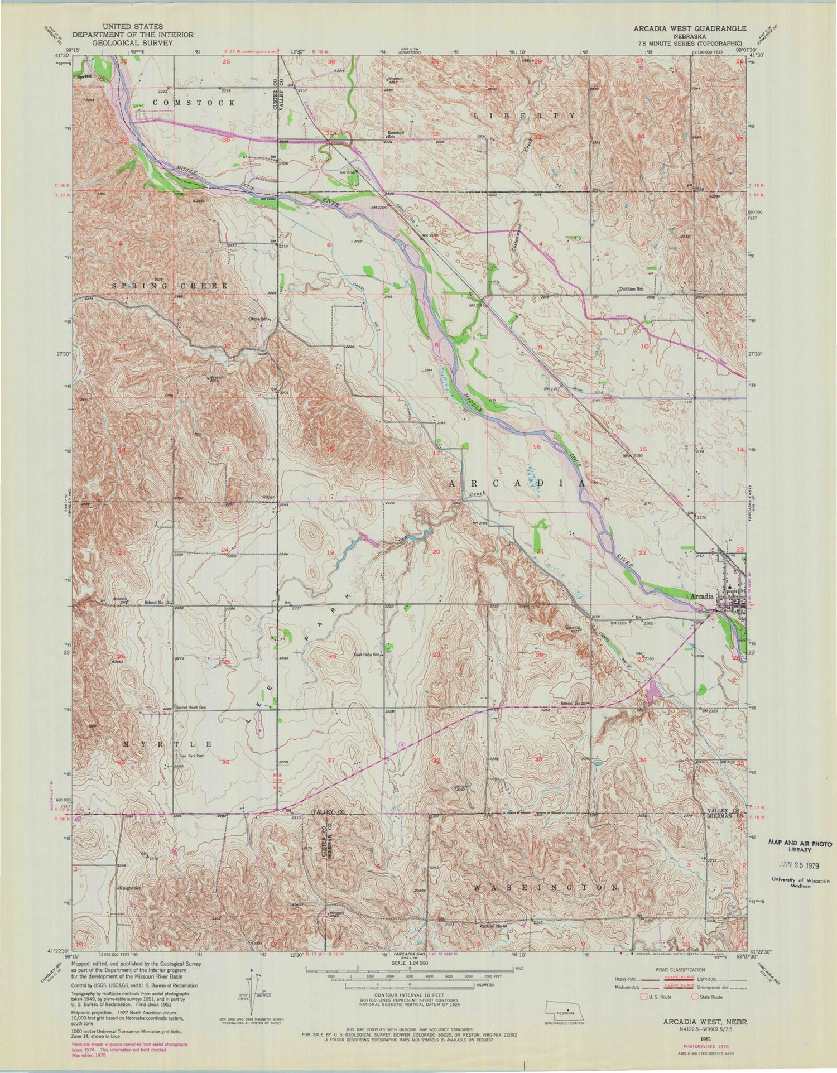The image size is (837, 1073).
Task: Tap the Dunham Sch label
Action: pyautogui.click(x=631, y=289)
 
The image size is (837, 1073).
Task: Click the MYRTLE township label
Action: pyautogui.click(x=166, y=744)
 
